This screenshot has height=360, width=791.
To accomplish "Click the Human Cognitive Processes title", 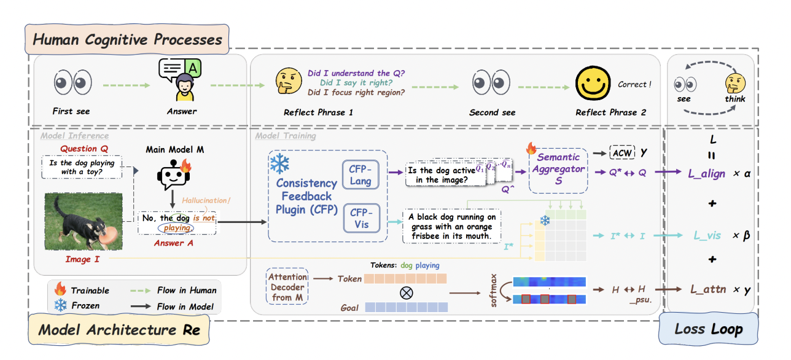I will pyautogui.click(x=127, y=41).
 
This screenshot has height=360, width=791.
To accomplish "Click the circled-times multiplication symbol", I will pyautogui.click(x=406, y=292).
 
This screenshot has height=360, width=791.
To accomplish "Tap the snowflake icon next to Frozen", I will pyautogui.click(x=60, y=305).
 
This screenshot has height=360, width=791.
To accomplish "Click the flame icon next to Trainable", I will pyautogui.click(x=60, y=290).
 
